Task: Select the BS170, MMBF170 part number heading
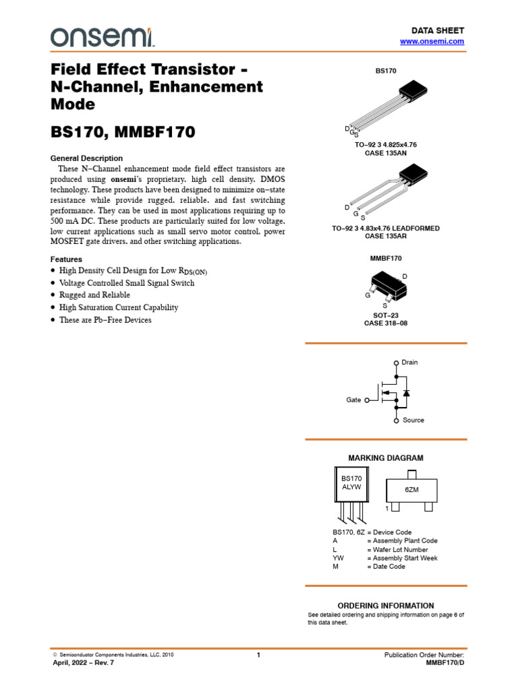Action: coord(123,132)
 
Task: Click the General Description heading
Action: coord(86,158)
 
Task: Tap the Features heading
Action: coord(66,259)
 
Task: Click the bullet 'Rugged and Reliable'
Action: coord(94,295)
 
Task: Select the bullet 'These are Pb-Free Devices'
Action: coord(105,320)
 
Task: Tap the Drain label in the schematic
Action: coord(409,363)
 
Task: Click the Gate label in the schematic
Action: coord(353,400)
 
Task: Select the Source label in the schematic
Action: coord(413,420)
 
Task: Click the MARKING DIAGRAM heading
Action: coord(385,458)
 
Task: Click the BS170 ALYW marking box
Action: coord(351,483)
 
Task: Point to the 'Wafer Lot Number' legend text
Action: coord(397,550)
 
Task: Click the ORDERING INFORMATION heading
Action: coord(385,606)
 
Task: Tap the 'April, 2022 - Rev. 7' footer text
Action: coord(84,664)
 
